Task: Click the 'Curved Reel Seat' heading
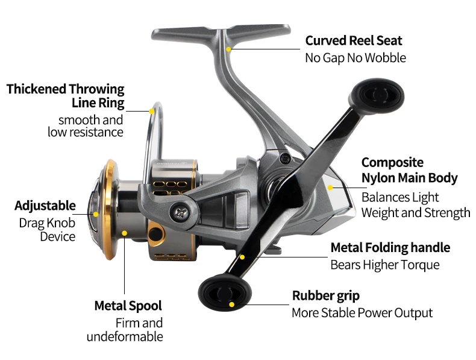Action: [x=354, y=41]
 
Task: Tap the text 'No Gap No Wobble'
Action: [x=355, y=58]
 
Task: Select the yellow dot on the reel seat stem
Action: [x=228, y=49]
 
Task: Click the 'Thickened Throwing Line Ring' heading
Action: [x=66, y=96]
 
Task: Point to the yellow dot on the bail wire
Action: [x=151, y=111]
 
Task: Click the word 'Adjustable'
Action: [x=45, y=206]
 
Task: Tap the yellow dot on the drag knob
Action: [x=96, y=214]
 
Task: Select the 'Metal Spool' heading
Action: [x=128, y=306]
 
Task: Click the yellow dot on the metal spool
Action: [x=124, y=233]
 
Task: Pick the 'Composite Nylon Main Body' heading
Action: [x=410, y=171]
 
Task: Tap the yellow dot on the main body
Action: [x=330, y=188]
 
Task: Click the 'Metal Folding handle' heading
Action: [x=390, y=248]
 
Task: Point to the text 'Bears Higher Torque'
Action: [x=385, y=265]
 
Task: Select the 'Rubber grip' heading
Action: [x=326, y=295]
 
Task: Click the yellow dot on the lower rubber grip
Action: [x=231, y=305]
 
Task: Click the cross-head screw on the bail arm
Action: [x=181, y=213]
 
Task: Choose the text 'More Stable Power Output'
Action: [x=362, y=313]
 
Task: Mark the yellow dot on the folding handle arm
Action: [x=242, y=257]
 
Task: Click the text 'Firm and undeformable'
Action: [x=125, y=330]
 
